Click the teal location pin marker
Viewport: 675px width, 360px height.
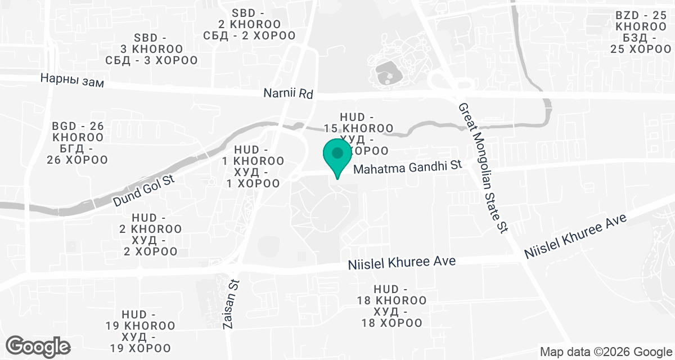337,157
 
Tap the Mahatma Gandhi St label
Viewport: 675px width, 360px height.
407,167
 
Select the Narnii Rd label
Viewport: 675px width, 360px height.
288,93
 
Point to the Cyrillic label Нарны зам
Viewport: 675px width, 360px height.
73,80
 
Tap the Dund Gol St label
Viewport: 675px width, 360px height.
144,191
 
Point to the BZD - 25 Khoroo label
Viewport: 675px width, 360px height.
640,33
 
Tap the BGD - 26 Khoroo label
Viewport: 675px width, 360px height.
78,143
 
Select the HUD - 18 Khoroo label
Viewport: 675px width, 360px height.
391,305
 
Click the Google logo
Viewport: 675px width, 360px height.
38,346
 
